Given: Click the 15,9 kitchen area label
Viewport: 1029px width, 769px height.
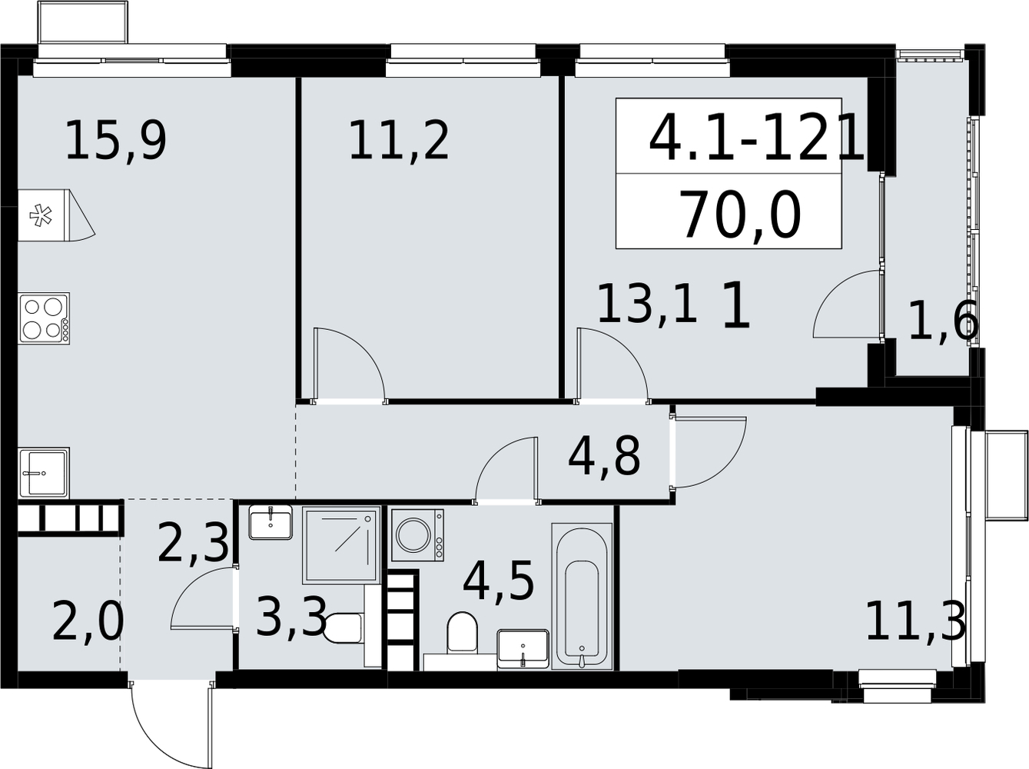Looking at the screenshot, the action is point(116,141).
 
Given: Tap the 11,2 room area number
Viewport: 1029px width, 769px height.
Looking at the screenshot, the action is point(399,141).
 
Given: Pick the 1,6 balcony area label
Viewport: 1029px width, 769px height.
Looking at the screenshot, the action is point(944,321).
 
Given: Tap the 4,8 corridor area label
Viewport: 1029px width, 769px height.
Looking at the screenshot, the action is point(604,455).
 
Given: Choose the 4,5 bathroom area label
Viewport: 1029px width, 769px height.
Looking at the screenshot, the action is point(498,580).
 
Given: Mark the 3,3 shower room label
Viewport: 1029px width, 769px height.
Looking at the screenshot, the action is point(291,616).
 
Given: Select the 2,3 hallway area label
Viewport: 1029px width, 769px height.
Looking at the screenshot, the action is point(193,544).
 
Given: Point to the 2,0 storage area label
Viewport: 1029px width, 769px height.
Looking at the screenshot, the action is point(88,622).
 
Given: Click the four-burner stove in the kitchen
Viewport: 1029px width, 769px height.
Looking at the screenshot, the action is point(44,319).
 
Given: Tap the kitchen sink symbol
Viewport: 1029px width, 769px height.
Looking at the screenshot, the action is point(44,473).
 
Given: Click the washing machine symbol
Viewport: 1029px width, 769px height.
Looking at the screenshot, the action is point(417,535).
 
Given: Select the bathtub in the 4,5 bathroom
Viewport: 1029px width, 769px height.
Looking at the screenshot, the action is point(582,596).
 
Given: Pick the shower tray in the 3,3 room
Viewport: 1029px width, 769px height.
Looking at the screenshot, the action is point(341,545).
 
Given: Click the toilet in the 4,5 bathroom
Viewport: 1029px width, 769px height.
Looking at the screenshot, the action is point(462,633).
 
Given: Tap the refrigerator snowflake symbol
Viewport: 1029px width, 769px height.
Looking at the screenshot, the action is point(41,215).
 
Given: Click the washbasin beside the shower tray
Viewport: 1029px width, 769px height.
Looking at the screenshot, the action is point(271,522).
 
